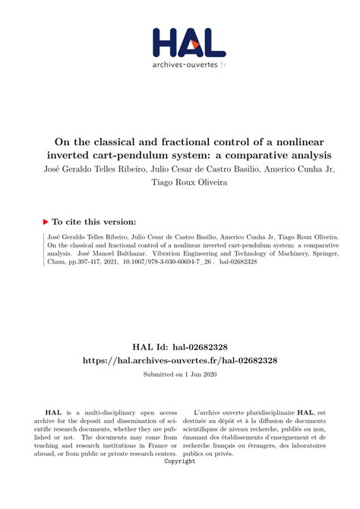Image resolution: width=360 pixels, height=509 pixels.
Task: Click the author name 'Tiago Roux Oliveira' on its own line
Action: tap(179, 182)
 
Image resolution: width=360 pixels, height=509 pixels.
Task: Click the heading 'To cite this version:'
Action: tap(94, 222)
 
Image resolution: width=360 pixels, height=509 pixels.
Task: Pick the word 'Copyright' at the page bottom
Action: tap(180, 461)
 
